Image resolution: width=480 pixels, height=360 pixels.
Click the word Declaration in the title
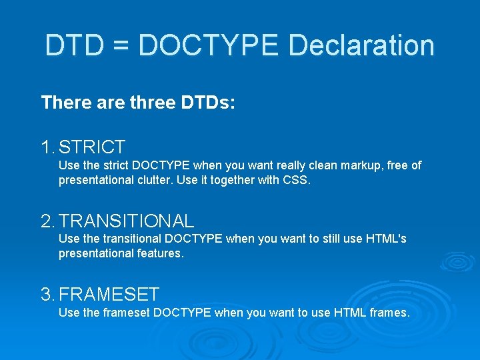[361, 45]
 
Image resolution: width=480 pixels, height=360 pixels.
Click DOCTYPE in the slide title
[209, 45]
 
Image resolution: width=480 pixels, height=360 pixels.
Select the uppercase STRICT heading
[91, 147]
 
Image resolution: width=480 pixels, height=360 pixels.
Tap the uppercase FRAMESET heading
[109, 294]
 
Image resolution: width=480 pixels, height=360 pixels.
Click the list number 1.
[46, 147]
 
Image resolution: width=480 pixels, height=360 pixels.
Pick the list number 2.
[47, 221]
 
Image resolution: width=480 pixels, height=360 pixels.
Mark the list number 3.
[47, 294]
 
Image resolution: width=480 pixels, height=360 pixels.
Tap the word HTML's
[386, 239]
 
